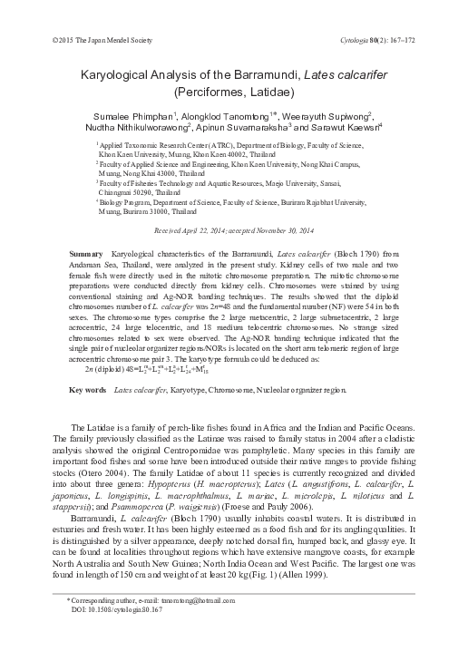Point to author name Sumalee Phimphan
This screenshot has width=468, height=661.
click(130, 115)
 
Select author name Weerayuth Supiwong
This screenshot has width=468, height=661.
click(329, 115)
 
